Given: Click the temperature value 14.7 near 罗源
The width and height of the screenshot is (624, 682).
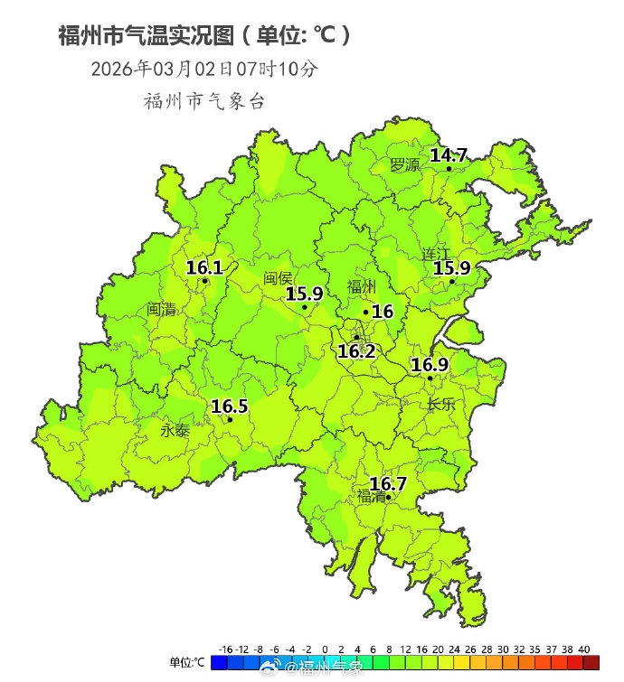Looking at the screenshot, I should (x=449, y=155).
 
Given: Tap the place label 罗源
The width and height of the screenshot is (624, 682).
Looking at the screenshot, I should (x=405, y=165).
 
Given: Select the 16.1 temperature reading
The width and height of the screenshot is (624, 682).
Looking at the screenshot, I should (x=204, y=267).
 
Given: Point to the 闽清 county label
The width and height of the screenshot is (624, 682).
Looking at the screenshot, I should (x=161, y=310).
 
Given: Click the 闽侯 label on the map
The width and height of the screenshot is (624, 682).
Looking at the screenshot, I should (x=279, y=279).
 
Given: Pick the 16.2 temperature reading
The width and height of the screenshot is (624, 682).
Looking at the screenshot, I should (x=356, y=351).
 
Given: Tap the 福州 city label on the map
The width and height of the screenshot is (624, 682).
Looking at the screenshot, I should (x=362, y=288).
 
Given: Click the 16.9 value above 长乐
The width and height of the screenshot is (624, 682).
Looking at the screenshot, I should (x=430, y=365).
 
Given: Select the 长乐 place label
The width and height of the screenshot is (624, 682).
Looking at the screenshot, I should (x=441, y=405).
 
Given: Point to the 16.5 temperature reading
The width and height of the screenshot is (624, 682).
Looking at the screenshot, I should (x=230, y=406).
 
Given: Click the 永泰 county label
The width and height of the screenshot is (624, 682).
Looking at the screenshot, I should (x=175, y=431).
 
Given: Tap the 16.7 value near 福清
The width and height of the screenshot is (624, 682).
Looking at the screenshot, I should (x=388, y=484).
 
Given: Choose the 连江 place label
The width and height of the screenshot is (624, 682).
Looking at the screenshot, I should (x=436, y=254).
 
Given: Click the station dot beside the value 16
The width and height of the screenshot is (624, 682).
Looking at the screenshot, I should (x=366, y=313).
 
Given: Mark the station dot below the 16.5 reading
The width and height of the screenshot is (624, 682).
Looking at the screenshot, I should (x=230, y=419).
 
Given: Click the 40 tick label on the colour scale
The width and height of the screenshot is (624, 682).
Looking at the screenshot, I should (x=584, y=649).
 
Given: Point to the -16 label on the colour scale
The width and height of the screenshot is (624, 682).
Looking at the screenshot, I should (x=226, y=649).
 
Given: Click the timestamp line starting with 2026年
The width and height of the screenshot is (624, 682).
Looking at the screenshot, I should (x=204, y=69).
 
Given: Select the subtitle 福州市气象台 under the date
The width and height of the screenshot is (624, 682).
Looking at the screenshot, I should (x=204, y=101).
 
